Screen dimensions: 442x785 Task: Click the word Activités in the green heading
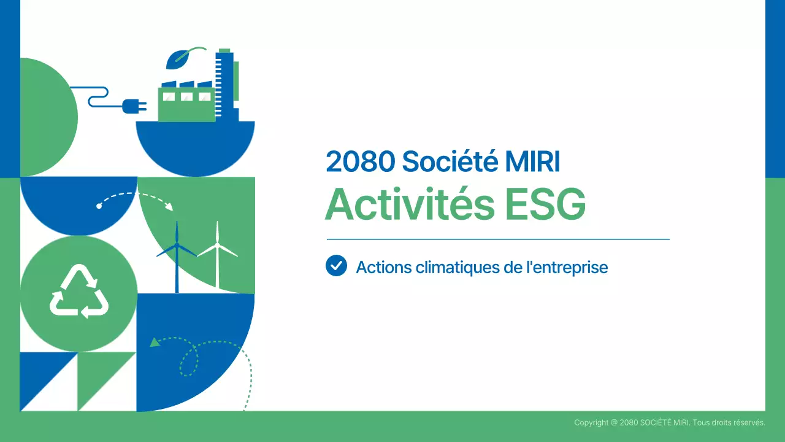pyautogui.click(x=409, y=204)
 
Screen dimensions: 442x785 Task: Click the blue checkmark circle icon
pyautogui.click(x=336, y=266)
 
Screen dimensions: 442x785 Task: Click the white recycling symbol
pyautogui.click(x=79, y=292)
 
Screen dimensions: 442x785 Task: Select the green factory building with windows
pyautogui.click(x=186, y=103)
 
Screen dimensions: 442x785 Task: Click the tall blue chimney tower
pyautogui.click(x=224, y=83)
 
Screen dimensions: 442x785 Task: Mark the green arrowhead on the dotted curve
pyautogui.click(x=155, y=342)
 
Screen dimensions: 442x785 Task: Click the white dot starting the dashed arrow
pyautogui.click(x=99, y=206)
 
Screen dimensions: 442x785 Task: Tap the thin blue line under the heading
pyautogui.click(x=498, y=239)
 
